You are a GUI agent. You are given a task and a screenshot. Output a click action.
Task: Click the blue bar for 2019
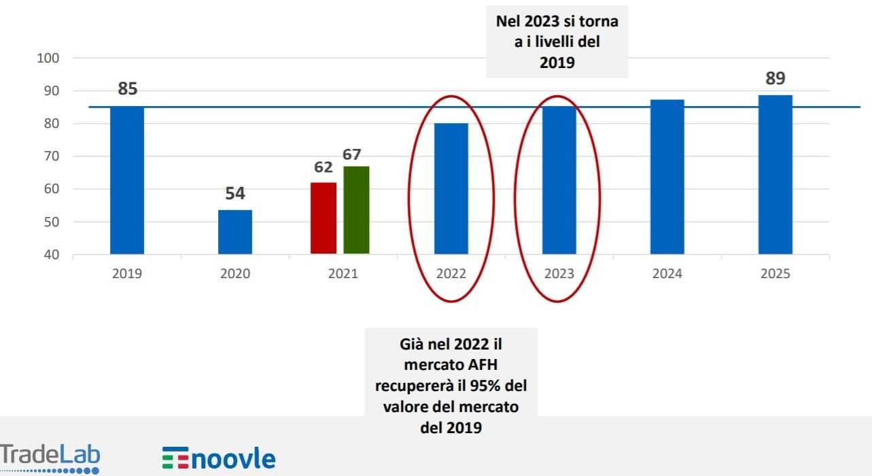127,180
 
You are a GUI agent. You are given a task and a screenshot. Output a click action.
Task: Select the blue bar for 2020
235,232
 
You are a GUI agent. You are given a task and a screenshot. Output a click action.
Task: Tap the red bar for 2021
324,218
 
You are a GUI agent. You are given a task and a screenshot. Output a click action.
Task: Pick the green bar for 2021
356,210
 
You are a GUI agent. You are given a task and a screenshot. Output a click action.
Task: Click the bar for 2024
667,177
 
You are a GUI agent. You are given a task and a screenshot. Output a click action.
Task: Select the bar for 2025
775,175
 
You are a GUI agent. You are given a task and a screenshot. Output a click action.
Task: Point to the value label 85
128,88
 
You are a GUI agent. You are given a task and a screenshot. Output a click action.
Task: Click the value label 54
235,193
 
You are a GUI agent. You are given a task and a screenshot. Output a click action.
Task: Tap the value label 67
351,154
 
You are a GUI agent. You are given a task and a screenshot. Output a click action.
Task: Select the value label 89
775,79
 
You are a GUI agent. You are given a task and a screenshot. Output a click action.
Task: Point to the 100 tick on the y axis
49,58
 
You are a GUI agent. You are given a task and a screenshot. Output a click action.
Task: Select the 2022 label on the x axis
451,274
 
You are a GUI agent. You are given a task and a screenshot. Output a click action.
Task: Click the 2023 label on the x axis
559,274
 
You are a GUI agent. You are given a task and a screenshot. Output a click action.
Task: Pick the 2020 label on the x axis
235,274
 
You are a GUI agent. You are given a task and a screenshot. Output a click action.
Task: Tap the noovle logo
219,458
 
